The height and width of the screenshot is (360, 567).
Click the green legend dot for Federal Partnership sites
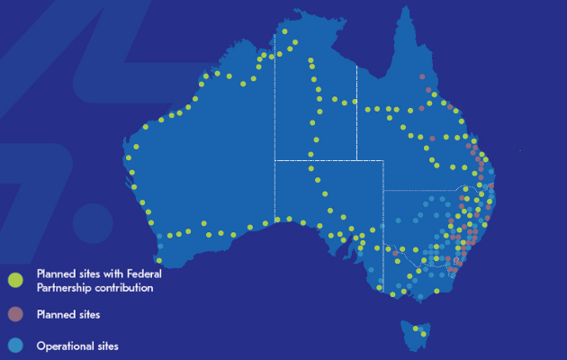pos(14,281)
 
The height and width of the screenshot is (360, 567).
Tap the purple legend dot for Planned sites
pos(14,315)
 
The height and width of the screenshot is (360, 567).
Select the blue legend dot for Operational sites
pos(14,346)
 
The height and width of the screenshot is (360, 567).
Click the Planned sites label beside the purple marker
pos(67,315)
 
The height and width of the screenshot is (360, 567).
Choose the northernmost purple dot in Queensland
pos(422,77)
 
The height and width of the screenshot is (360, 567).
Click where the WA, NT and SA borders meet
pos(274,160)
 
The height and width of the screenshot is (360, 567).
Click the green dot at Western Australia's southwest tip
pos(159,260)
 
